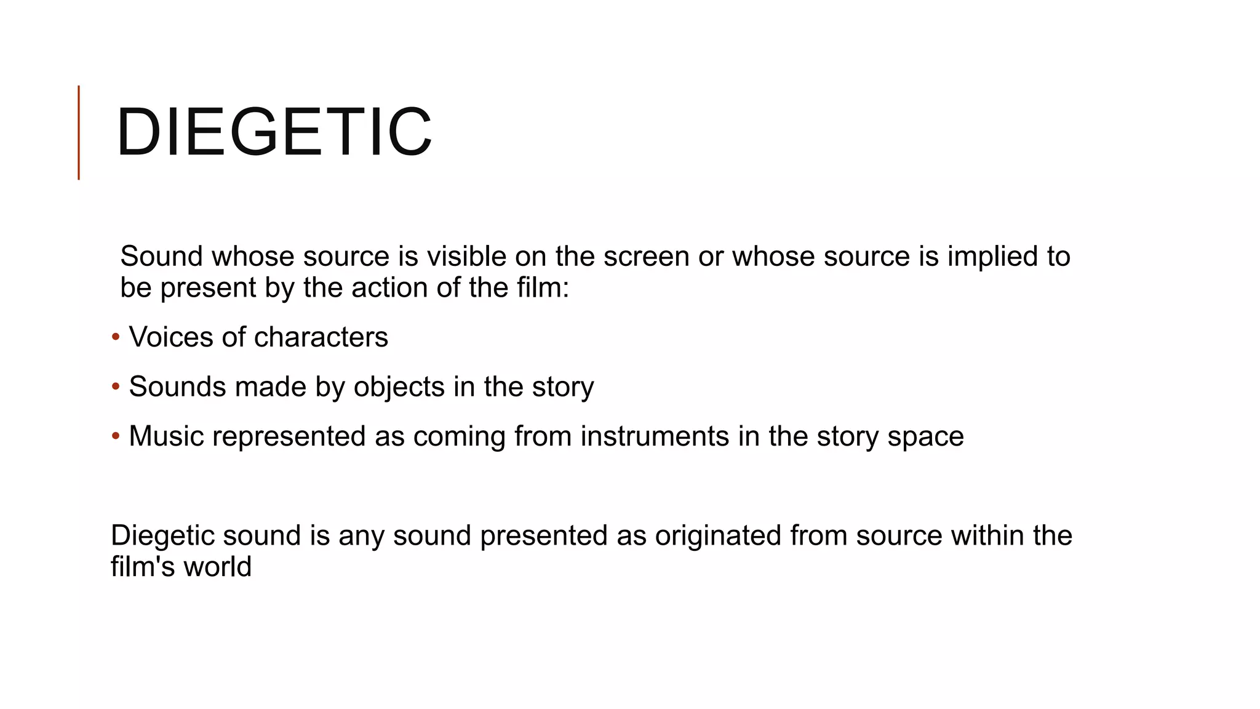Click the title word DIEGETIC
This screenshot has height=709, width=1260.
pyautogui.click(x=274, y=132)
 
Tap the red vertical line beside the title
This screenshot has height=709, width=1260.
pyautogui.click(x=79, y=132)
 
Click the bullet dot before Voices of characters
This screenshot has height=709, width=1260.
pyautogui.click(x=116, y=337)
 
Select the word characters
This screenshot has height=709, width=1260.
pyautogui.click(x=321, y=337)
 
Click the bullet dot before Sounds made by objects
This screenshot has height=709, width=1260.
pyautogui.click(x=116, y=387)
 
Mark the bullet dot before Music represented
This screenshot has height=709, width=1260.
pyautogui.click(x=116, y=436)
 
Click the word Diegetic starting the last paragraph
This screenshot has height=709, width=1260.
pyautogui.click(x=162, y=536)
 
